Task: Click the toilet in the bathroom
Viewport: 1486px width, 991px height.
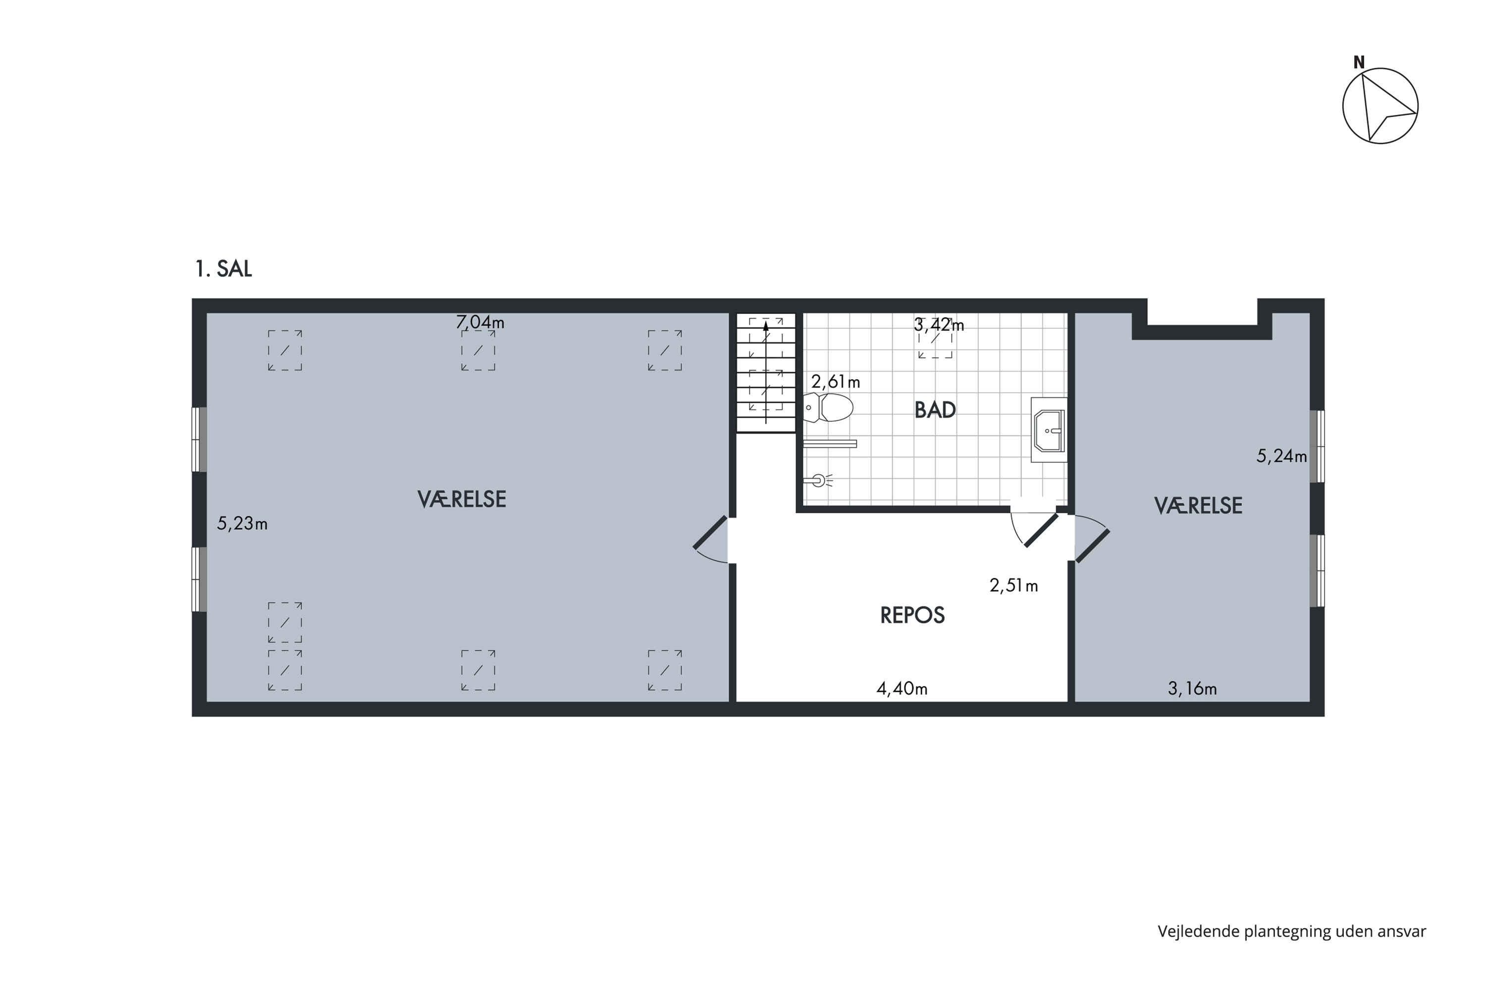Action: pyautogui.click(x=828, y=408)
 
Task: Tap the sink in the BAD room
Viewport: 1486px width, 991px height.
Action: pyautogui.click(x=1049, y=430)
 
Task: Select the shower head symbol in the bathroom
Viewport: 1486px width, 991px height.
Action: pyautogui.click(x=819, y=481)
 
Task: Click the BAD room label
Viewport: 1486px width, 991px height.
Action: pyautogui.click(x=935, y=410)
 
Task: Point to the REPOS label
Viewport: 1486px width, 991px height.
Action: pyautogui.click(x=912, y=615)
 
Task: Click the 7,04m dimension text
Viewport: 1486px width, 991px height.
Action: pyautogui.click(x=480, y=323)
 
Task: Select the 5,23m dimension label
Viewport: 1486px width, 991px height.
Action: pyautogui.click(x=242, y=523)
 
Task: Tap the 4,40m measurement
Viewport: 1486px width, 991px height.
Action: pyautogui.click(x=902, y=688)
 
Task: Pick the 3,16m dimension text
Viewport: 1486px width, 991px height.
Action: pyautogui.click(x=1192, y=688)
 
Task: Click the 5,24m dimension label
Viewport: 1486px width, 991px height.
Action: pyautogui.click(x=1281, y=456)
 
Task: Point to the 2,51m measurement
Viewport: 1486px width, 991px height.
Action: pyautogui.click(x=1013, y=585)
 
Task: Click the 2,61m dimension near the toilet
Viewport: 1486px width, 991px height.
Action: pyautogui.click(x=835, y=382)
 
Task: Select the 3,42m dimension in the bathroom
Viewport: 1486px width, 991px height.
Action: pyautogui.click(x=939, y=325)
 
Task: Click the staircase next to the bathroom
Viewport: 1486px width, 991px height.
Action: pyautogui.click(x=766, y=373)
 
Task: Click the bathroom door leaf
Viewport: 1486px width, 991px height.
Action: pyautogui.click(x=1041, y=530)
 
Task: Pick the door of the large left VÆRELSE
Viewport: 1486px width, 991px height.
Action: pyautogui.click(x=710, y=532)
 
